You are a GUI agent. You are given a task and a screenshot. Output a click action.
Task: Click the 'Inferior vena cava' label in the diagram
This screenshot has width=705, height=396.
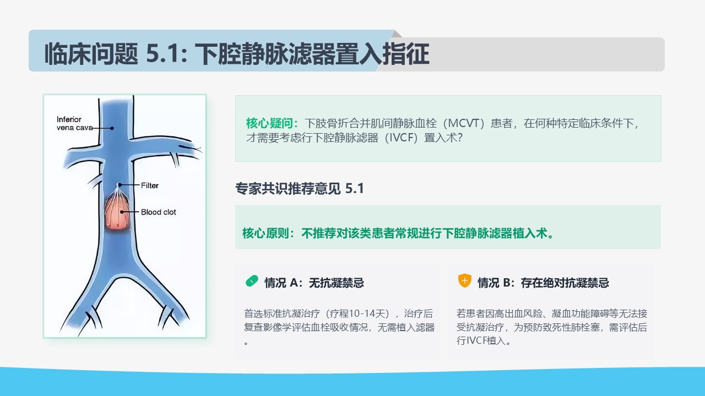click(74, 124)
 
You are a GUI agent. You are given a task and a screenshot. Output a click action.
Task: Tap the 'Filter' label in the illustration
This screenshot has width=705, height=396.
click(149, 185)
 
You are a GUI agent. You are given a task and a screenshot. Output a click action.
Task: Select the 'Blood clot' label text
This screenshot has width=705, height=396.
click(158, 212)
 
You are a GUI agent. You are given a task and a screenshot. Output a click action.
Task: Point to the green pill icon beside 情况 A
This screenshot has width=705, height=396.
click(252, 281)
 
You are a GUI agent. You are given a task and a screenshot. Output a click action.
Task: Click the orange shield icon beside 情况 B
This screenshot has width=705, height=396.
click(464, 280)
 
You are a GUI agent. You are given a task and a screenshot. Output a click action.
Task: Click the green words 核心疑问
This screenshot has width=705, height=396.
click(269, 123)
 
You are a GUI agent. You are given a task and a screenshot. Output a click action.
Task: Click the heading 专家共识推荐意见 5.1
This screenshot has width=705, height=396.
click(299, 189)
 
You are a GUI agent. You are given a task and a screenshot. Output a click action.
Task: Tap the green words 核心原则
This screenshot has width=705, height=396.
click(265, 233)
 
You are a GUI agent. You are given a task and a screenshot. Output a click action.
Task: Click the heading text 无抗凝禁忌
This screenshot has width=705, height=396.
click(337, 283)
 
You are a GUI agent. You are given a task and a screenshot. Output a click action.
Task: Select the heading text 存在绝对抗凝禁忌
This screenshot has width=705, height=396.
click(565, 283)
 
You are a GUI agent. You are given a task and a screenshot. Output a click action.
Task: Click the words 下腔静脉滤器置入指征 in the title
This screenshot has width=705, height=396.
click(312, 54)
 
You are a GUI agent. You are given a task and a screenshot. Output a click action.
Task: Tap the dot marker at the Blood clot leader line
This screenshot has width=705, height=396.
click(122, 212)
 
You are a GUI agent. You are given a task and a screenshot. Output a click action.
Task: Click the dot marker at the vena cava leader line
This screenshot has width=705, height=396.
click(112, 128)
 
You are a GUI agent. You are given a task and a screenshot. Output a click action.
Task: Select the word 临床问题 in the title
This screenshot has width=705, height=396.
click(91, 54)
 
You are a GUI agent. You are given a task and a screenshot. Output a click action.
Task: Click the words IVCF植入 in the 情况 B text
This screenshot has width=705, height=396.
click(481, 340)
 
